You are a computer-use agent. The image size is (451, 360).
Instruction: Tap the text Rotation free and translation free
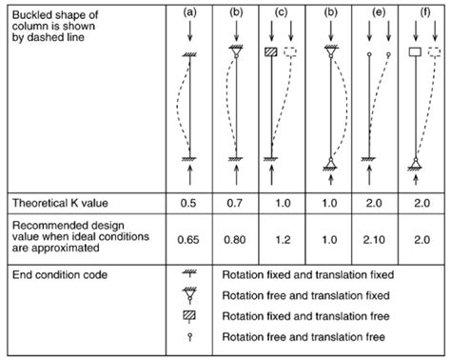[x=303, y=336]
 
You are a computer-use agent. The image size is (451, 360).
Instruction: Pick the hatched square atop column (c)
[x=273, y=51]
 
